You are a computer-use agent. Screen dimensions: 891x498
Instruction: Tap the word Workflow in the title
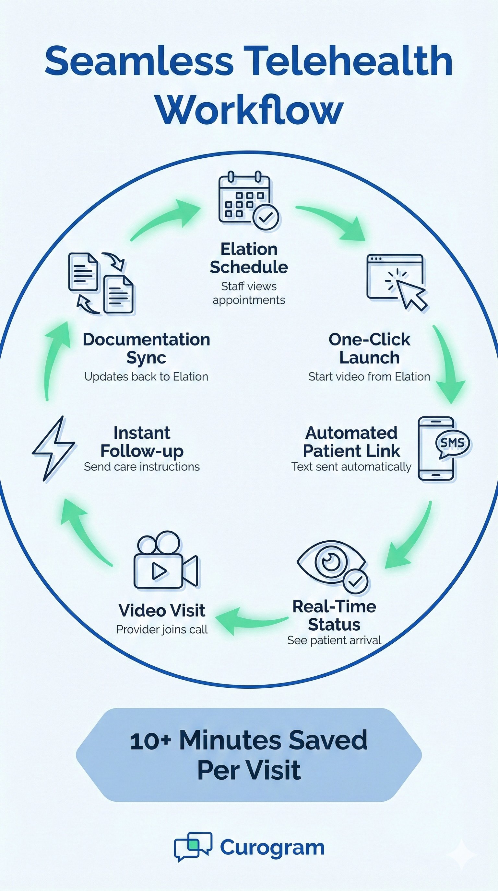(249, 110)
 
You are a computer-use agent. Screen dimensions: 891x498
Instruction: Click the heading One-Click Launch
(369, 348)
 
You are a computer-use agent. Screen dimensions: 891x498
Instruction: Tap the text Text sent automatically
(351, 467)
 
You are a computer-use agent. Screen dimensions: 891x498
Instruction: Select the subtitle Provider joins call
(162, 629)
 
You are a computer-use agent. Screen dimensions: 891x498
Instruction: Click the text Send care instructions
(142, 467)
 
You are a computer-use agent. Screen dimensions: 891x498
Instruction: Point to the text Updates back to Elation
(146, 377)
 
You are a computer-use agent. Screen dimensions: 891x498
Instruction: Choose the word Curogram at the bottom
(272, 848)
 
